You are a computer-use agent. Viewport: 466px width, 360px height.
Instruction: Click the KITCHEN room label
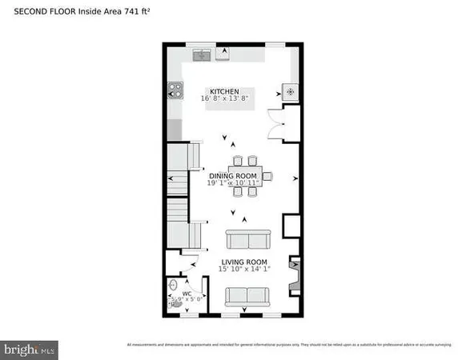[x=224, y=91]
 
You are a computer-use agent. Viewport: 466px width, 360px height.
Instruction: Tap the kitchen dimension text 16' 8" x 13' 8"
[x=224, y=98]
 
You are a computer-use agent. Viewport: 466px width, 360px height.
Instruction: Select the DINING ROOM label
[x=233, y=175]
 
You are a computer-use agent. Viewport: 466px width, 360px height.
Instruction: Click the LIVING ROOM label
[x=245, y=261]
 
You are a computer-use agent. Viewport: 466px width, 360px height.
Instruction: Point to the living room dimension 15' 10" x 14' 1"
[x=245, y=269]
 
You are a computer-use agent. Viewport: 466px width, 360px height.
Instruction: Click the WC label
[x=186, y=294]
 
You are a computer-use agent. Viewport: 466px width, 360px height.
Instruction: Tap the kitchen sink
[x=201, y=54]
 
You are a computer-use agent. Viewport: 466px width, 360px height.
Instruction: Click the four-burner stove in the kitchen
[x=174, y=91]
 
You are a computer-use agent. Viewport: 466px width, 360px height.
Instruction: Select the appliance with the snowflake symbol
[x=290, y=91]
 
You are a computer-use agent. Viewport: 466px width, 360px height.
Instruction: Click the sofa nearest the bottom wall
[x=245, y=297]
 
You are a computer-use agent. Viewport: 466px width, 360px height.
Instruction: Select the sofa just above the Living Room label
[x=248, y=239]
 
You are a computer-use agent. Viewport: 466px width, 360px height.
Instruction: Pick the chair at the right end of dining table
[x=269, y=176]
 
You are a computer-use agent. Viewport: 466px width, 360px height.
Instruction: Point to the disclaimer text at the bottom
[x=289, y=345]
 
